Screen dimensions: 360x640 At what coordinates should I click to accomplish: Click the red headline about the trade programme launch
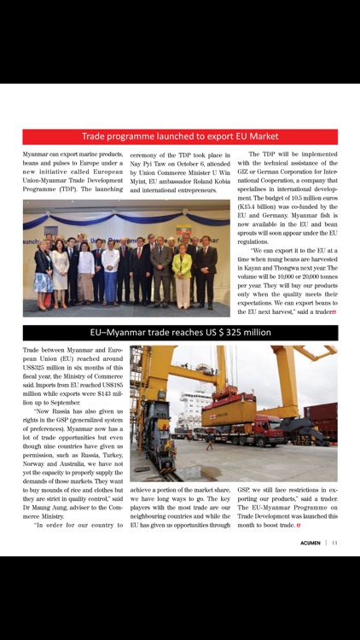click(180, 137)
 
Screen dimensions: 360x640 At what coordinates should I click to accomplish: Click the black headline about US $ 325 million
click(180, 333)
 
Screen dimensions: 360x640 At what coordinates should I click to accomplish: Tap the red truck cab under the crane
click(261, 430)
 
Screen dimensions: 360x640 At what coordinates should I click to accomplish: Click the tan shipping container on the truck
click(229, 413)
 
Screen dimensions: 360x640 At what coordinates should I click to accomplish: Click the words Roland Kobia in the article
click(209, 180)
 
